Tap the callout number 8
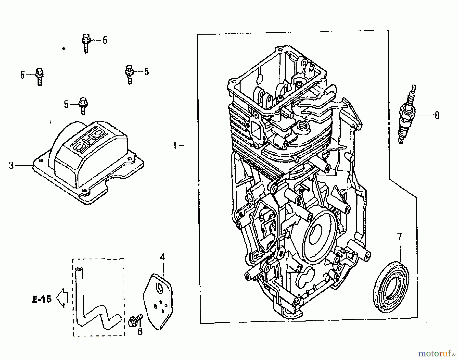tap(437, 115)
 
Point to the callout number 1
tap(175, 145)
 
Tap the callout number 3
tap(11, 165)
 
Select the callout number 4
tap(162, 257)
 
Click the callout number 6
tap(140, 332)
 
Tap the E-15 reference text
tap(42, 299)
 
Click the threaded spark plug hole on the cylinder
tap(302, 125)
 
